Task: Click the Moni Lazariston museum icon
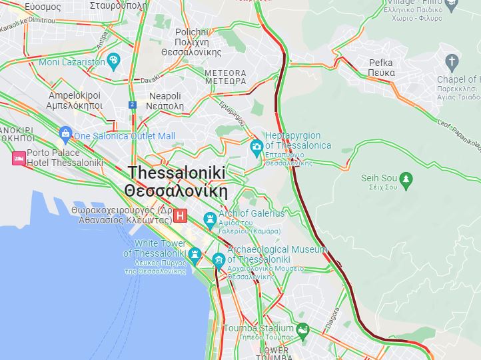[x=113, y=61]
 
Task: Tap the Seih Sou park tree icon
[x=406, y=179]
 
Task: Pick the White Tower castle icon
[x=195, y=254]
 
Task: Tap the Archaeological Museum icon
[x=219, y=259]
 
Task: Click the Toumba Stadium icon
[x=302, y=329]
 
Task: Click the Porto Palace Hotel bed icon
[x=19, y=158]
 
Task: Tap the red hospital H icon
[x=181, y=217]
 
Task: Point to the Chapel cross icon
[x=452, y=63]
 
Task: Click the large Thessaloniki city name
[x=177, y=181]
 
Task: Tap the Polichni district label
[x=198, y=42]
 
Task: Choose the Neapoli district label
[x=166, y=101]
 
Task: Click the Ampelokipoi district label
[x=75, y=100]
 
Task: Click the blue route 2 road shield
[x=133, y=105]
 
